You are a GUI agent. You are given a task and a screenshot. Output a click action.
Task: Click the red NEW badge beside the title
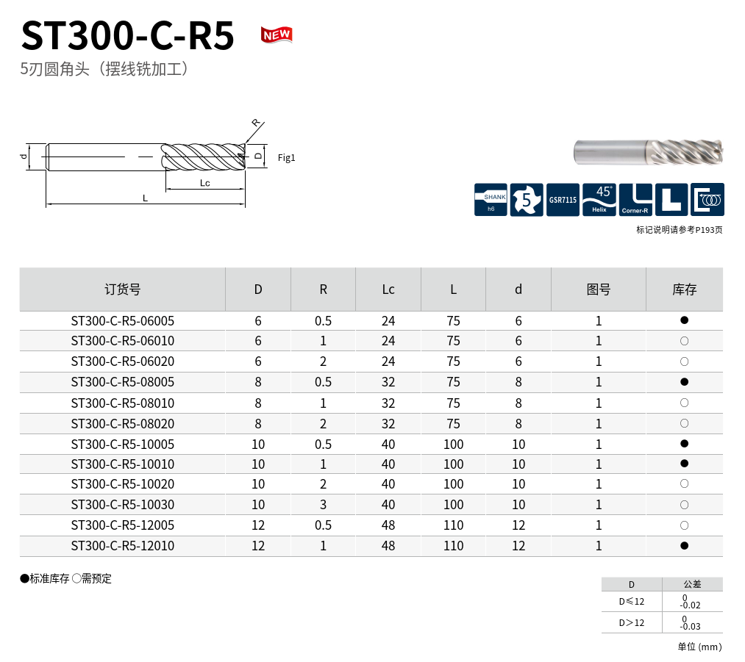[x=277, y=35]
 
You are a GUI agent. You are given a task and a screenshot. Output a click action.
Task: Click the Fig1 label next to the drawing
[x=287, y=157]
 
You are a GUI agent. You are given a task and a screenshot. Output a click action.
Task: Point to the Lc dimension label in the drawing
[x=204, y=183]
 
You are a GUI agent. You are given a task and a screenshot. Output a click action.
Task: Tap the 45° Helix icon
[x=599, y=200]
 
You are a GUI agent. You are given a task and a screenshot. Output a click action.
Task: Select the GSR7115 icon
[x=563, y=200]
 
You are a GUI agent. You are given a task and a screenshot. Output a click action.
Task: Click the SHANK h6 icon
[x=491, y=200]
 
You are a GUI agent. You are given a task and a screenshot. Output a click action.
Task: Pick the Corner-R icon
[x=635, y=200]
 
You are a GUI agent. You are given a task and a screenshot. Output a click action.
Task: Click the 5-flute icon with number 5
[x=527, y=200]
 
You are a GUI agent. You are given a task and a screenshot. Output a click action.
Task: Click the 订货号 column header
[x=123, y=289]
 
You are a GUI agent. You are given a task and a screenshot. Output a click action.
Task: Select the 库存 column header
[x=684, y=289]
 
